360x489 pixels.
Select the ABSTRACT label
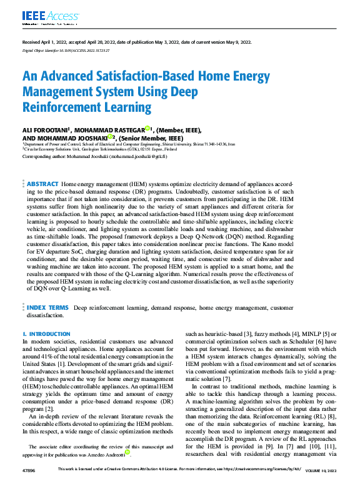(42, 185)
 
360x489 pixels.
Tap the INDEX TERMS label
(47, 308)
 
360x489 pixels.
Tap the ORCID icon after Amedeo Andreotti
(127, 452)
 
